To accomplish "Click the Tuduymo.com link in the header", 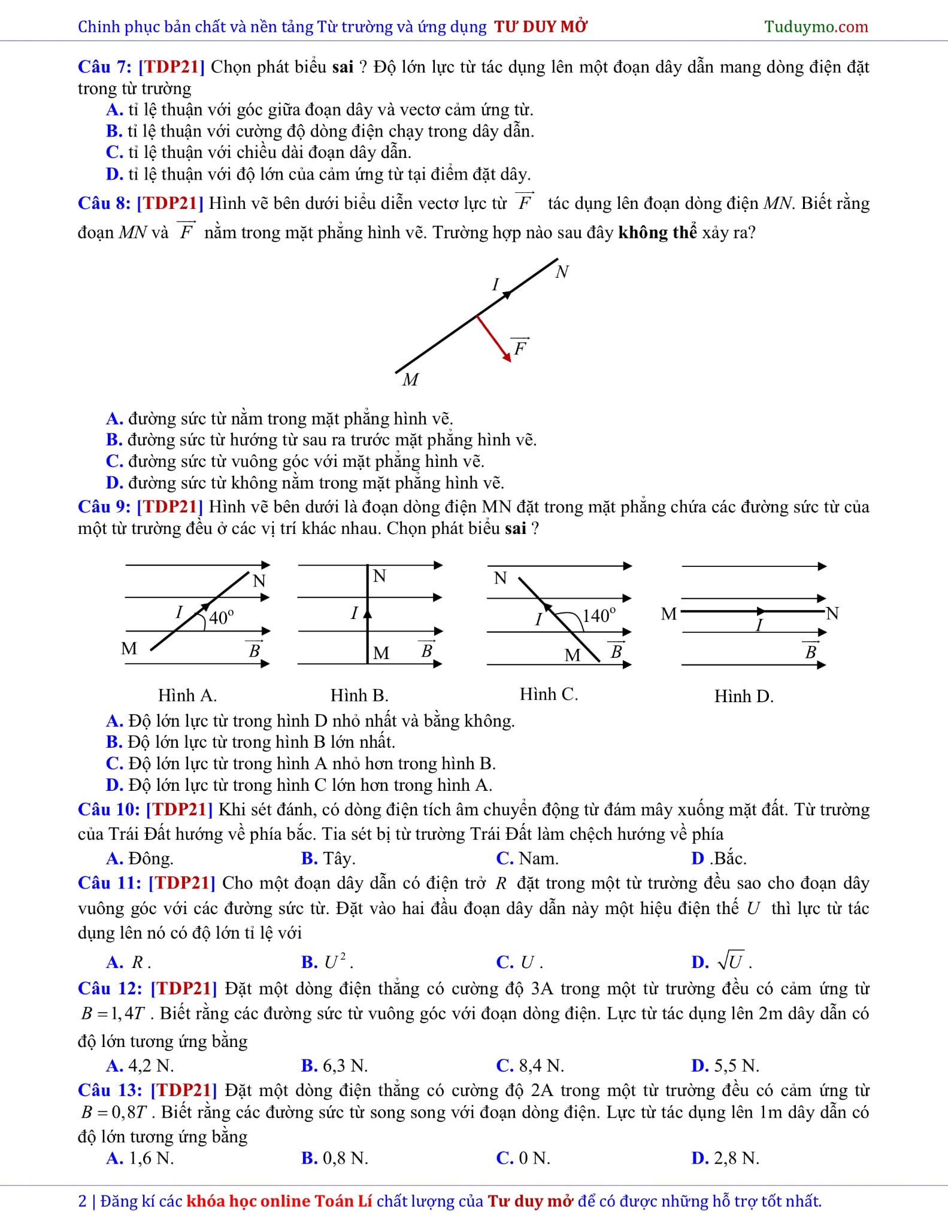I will pyautogui.click(x=816, y=27).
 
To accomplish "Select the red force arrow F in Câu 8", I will pyautogui.click(x=495, y=339).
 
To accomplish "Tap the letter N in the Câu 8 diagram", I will pyautogui.click(x=562, y=272).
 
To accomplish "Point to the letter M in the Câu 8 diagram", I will pyautogui.click(x=410, y=380).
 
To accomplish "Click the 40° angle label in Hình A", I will pyautogui.click(x=221, y=617).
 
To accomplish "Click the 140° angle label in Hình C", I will pyautogui.click(x=599, y=615).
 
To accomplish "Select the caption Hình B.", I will pyautogui.click(x=359, y=695).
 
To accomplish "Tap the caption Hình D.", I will pyautogui.click(x=744, y=696).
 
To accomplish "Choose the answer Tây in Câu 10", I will pyautogui.click(x=339, y=858).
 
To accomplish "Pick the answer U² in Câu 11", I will pyautogui.click(x=336, y=963).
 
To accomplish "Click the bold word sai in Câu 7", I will pyautogui.click(x=343, y=66).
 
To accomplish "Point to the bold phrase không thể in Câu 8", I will pyautogui.click(x=658, y=232).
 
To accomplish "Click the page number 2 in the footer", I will pyautogui.click(x=83, y=1201).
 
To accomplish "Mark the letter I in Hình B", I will pyautogui.click(x=355, y=613).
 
